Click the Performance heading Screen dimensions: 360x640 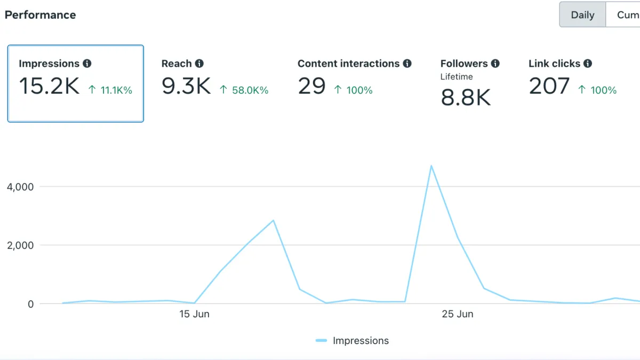point(40,15)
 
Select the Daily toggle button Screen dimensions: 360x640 point(582,15)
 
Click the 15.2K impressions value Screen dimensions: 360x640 point(49,86)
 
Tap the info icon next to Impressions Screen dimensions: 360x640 point(87,63)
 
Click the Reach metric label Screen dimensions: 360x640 point(177,63)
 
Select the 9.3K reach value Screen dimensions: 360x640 point(186,86)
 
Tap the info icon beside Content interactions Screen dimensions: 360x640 point(407,63)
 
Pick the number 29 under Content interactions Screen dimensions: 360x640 point(311,86)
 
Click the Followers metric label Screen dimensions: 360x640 point(464,63)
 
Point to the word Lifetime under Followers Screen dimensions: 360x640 point(457,77)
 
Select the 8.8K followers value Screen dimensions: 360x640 point(466,98)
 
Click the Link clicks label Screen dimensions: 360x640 point(554,63)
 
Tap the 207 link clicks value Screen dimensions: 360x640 point(549,86)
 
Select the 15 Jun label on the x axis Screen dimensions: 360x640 point(194,314)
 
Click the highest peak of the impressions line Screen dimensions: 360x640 point(431,166)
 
